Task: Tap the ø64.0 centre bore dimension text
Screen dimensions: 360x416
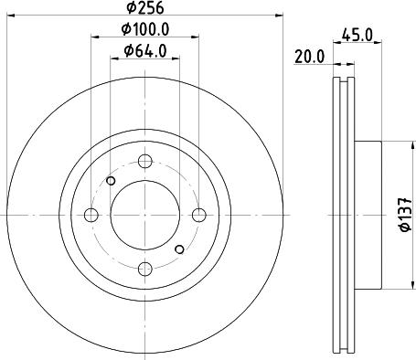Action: point(144,51)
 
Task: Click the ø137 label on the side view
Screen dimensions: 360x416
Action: point(403,215)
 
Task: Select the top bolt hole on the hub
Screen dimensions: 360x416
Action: point(144,162)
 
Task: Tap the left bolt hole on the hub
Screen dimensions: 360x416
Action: point(91,216)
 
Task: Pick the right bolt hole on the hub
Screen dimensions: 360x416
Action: point(198,216)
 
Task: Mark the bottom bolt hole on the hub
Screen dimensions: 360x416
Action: point(144,269)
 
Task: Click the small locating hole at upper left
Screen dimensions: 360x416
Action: point(112,181)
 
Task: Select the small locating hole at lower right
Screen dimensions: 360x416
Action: point(179,249)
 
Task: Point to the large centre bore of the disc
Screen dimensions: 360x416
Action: point(144,216)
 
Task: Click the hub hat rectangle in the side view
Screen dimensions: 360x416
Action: point(365,215)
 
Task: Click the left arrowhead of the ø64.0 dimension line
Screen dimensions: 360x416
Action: point(114,58)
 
